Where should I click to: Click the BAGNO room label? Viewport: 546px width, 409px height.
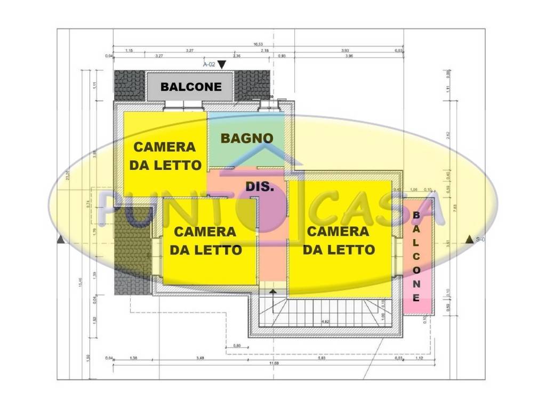(x=247, y=138)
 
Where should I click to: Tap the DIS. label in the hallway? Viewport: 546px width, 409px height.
(x=260, y=187)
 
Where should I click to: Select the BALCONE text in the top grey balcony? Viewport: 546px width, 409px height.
(x=191, y=86)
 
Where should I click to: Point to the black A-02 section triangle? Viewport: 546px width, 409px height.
(x=222, y=64)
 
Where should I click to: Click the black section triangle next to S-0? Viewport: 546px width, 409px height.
(x=469, y=240)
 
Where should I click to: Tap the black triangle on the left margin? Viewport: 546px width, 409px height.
(x=61, y=240)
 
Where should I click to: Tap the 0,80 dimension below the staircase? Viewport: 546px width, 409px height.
(x=237, y=345)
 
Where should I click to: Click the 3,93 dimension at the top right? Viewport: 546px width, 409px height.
(x=345, y=50)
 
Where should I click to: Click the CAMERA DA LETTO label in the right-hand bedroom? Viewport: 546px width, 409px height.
(x=338, y=240)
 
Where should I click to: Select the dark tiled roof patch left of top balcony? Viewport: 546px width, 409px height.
(x=130, y=85)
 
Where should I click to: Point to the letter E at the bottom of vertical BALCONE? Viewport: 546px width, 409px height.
(x=416, y=298)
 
